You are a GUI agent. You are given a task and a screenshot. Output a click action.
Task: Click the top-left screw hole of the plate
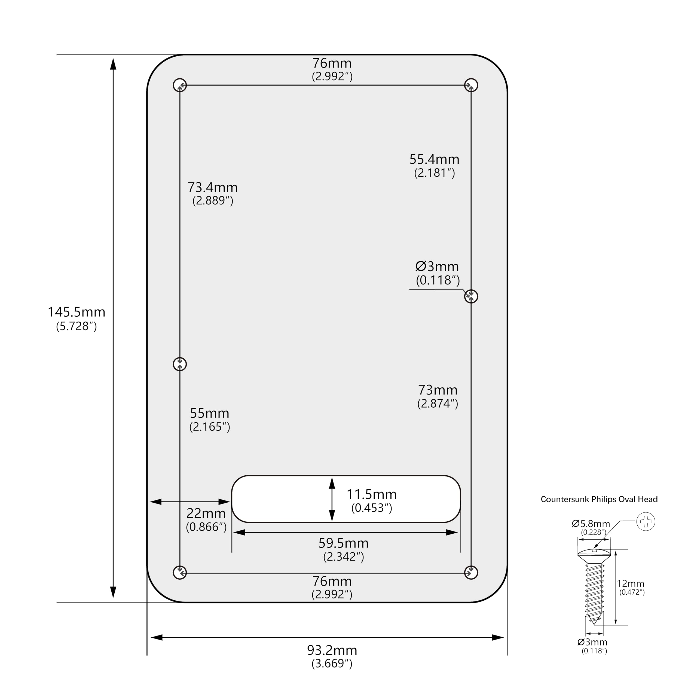pyautogui.click(x=180, y=85)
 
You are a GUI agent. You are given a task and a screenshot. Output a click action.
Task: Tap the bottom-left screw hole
pyautogui.click(x=180, y=572)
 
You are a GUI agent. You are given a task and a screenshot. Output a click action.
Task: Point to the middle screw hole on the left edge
pyautogui.click(x=180, y=364)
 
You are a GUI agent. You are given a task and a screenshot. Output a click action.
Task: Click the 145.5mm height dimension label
pyautogui.click(x=77, y=312)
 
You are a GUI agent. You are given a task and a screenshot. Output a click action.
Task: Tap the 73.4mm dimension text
pyautogui.click(x=212, y=188)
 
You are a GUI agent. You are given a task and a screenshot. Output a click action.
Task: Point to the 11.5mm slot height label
pyautogui.click(x=372, y=494)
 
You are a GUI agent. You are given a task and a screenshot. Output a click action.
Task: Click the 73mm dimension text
pyautogui.click(x=438, y=390)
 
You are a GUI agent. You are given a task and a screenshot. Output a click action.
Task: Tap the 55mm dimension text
pyautogui.click(x=210, y=413)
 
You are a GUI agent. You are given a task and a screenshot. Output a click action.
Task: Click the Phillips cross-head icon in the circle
pyautogui.click(x=646, y=522)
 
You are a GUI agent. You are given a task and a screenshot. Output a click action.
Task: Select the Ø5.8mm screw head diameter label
pyautogui.click(x=591, y=524)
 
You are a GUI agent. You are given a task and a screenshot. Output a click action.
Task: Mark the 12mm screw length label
pyautogui.click(x=631, y=583)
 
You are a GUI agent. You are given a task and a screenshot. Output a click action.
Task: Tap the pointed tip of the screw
pyautogui.click(x=594, y=623)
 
